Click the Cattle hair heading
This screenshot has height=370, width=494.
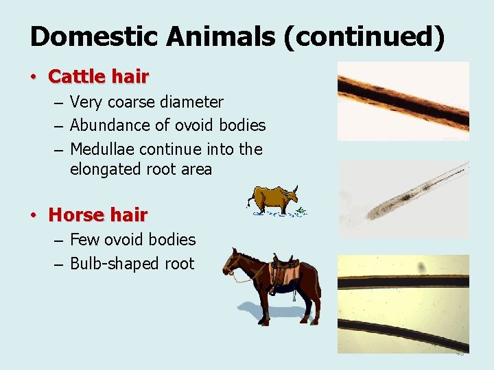[98, 76]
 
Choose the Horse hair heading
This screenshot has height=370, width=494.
[97, 215]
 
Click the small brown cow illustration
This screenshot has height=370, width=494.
[273, 199]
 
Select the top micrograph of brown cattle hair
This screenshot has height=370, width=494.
[403, 101]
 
